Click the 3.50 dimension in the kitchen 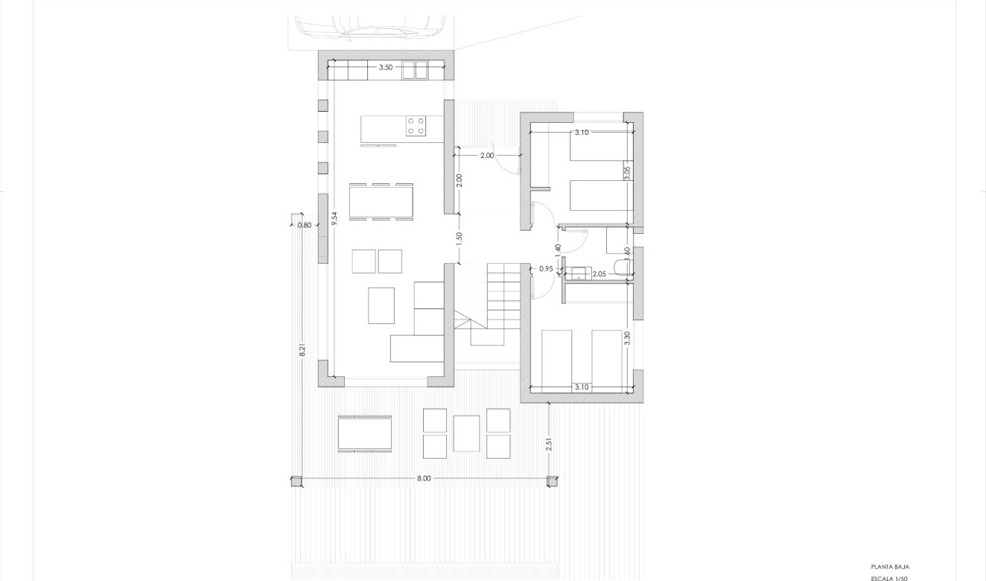pos(385,68)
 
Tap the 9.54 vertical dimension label pos(335,218)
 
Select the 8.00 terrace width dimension pos(423,478)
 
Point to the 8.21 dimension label pos(302,349)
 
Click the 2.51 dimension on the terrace pos(549,444)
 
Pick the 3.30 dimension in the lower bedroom pos(627,337)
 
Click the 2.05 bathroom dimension pos(599,275)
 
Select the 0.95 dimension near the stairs pos(546,269)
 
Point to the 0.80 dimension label pos(304,225)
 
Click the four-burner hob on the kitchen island pos(416,125)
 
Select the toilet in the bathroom pos(621,267)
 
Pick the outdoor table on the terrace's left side pos(364,433)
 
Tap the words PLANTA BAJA pos(890,567)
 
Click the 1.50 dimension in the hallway pos(459,238)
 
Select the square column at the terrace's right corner pos(552,481)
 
